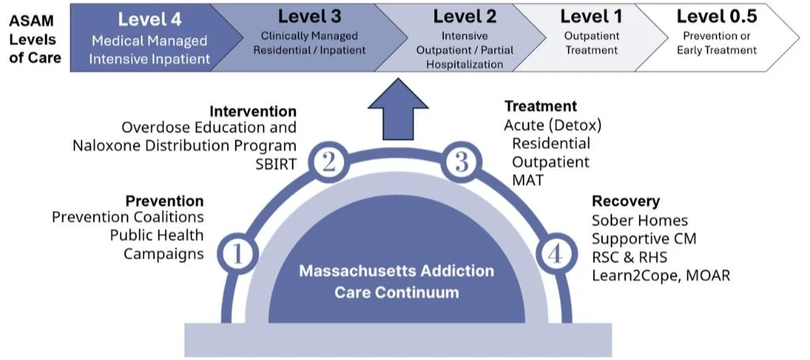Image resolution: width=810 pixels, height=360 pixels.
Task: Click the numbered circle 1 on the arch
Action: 241,254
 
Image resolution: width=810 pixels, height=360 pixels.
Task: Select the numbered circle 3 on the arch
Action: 461,163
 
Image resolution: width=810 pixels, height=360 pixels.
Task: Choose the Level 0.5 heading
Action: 716,17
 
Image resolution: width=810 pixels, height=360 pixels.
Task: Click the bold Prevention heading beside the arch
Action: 165,201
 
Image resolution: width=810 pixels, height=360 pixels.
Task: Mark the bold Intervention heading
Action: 253,112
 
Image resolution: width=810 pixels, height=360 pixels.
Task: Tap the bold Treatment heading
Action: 541,106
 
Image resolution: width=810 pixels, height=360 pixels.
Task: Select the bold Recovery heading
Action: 626,202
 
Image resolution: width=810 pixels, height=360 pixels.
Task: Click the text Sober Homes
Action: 640,220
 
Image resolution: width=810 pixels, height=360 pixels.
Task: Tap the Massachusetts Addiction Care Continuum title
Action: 396,282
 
